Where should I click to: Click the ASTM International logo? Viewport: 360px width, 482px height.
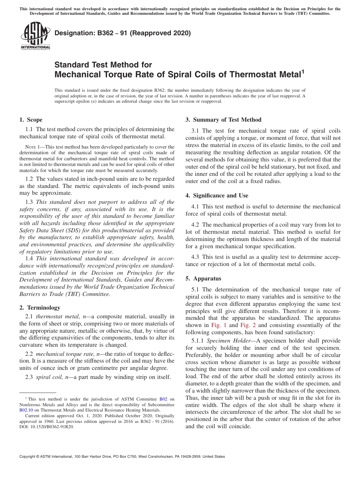(35, 36)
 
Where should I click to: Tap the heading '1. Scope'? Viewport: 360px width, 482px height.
(31, 120)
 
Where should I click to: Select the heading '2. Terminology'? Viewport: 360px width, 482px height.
(39, 308)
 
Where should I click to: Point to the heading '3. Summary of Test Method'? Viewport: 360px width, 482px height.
(223, 120)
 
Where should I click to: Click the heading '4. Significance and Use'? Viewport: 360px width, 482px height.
(217, 196)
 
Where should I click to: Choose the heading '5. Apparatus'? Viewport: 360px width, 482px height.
(203, 279)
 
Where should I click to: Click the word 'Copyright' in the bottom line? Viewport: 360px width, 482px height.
(29, 457)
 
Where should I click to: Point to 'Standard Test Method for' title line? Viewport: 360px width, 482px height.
(103, 65)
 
